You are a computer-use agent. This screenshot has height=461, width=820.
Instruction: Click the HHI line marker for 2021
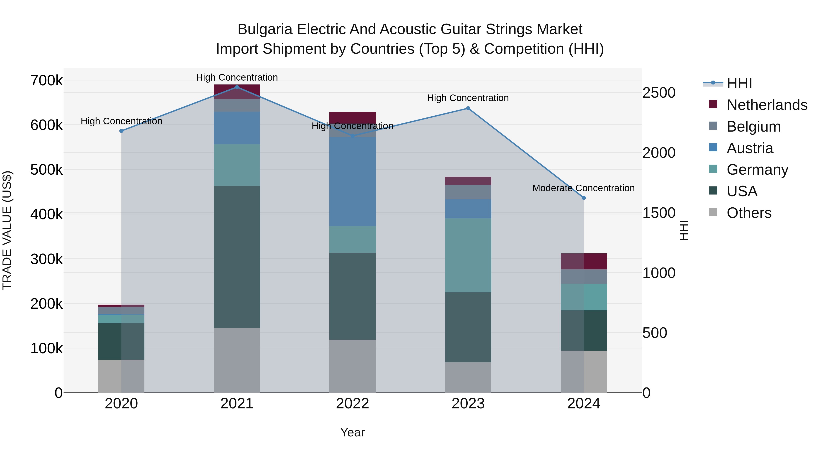tap(237, 87)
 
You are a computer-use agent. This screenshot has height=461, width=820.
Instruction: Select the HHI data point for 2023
tap(468, 108)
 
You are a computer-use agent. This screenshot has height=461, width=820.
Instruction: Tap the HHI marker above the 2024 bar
tap(584, 198)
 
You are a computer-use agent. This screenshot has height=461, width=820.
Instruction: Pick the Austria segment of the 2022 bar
tap(352, 181)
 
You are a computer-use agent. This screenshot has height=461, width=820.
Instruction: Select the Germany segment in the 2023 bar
tap(468, 255)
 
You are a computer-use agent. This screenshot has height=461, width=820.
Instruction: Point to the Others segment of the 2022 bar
tap(352, 366)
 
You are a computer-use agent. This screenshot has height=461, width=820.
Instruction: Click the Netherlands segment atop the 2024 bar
tap(584, 261)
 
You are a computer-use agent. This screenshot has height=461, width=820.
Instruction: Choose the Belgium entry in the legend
tap(753, 127)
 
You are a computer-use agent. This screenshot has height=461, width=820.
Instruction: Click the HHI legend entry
tap(739, 83)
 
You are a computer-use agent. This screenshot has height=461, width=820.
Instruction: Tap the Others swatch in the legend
tap(713, 212)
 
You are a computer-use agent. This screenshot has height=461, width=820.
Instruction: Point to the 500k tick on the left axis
tap(46, 170)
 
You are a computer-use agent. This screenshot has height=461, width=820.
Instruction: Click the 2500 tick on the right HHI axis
tap(659, 93)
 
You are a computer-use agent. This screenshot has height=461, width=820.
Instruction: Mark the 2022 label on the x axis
tap(352, 404)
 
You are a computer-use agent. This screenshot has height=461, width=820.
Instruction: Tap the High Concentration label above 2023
tap(468, 98)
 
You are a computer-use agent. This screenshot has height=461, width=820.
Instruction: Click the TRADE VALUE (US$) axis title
tap(7, 230)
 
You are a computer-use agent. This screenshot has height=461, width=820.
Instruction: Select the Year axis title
tap(352, 432)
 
